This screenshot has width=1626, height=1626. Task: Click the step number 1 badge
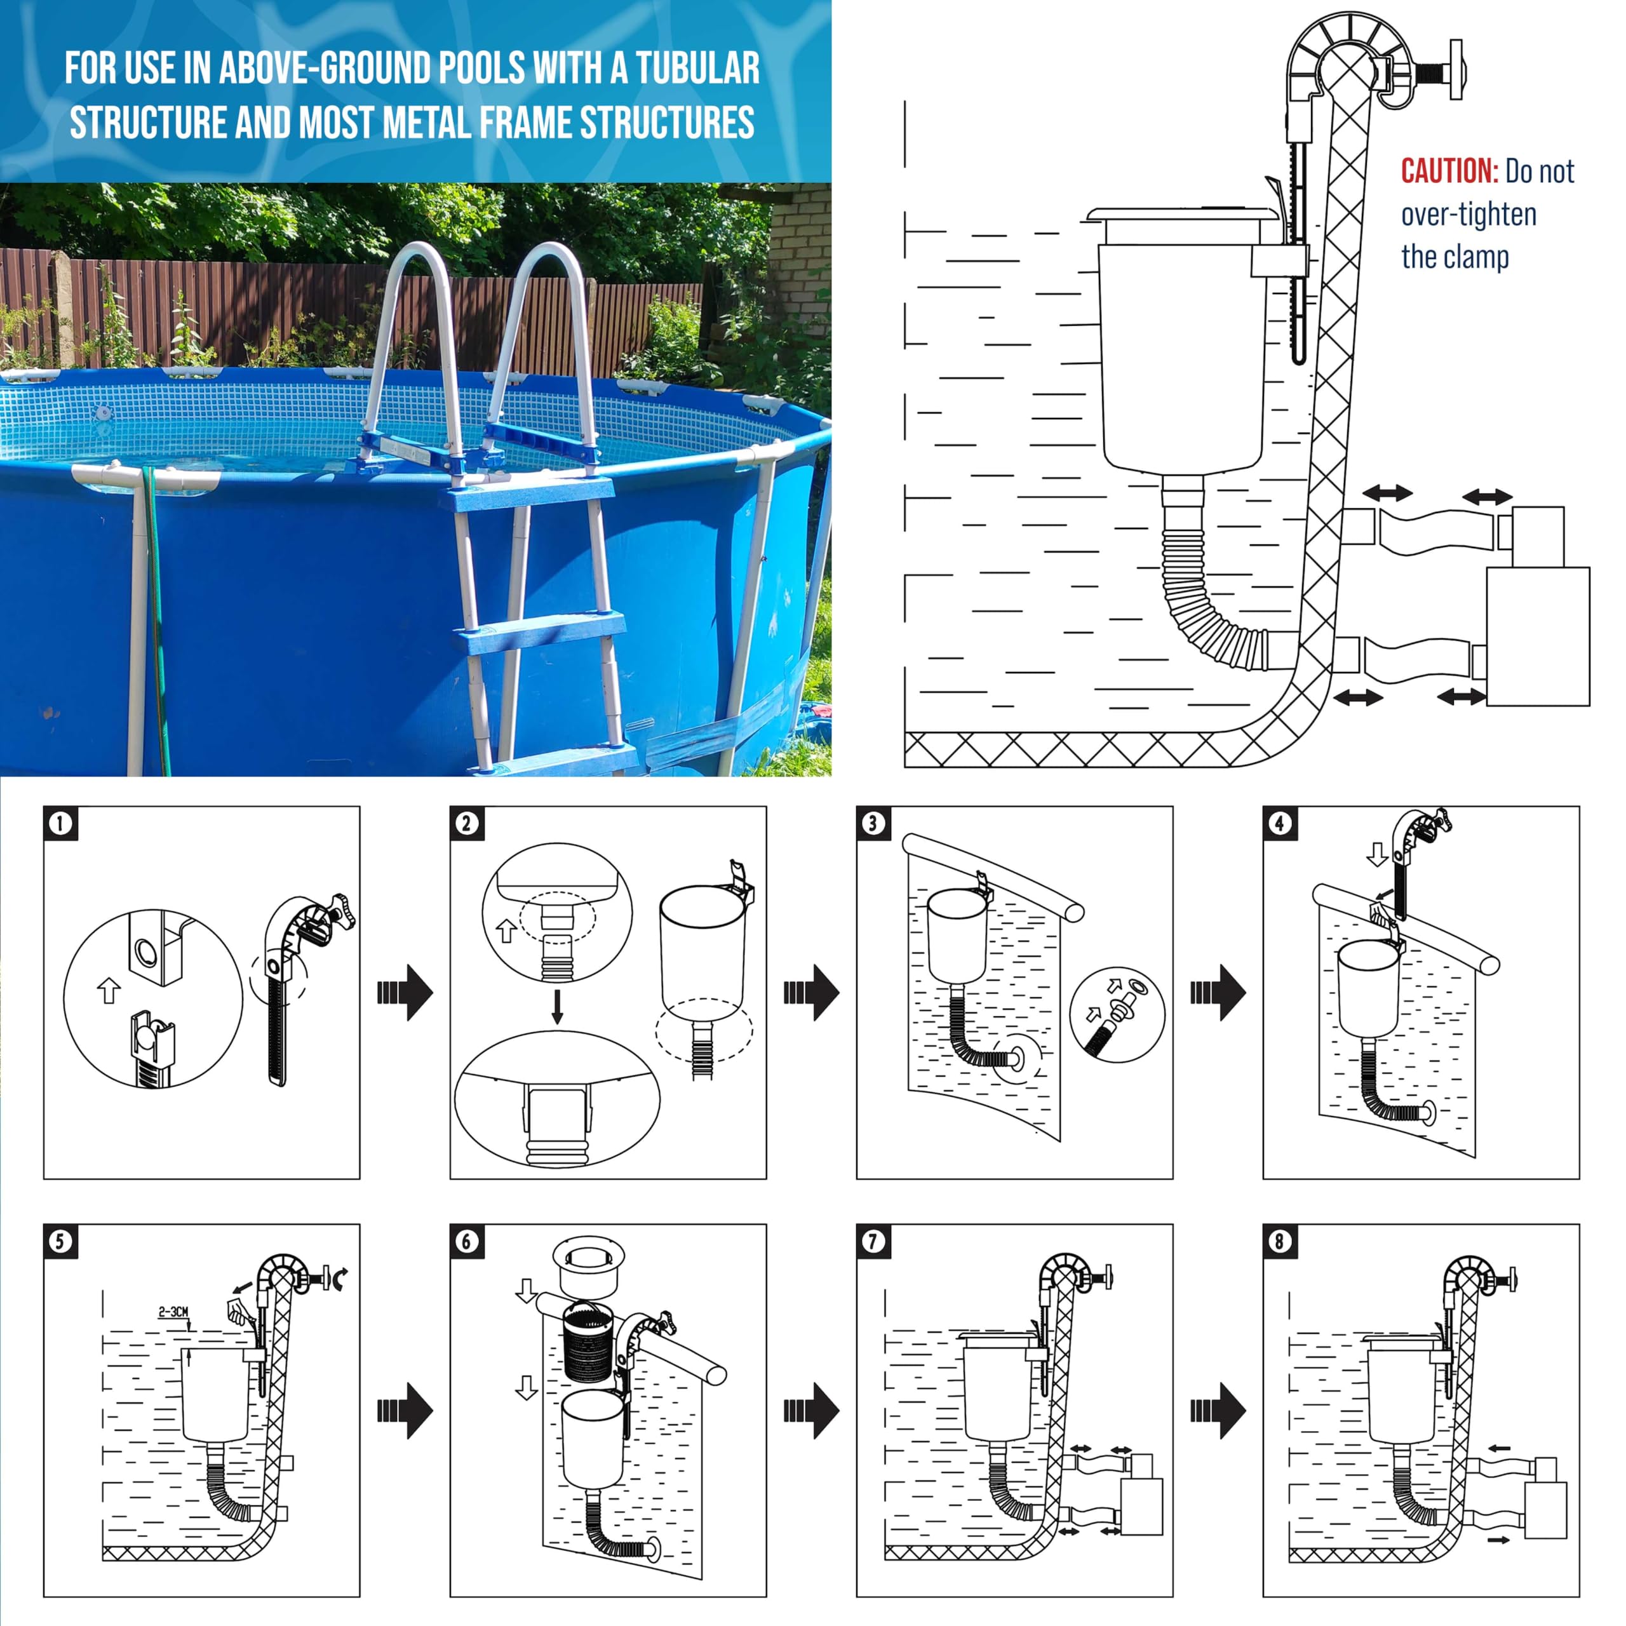point(60,823)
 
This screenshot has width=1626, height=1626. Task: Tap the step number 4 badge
point(1280,823)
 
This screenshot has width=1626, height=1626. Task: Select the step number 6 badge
point(467,1240)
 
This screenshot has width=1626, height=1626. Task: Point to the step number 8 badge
point(1280,1240)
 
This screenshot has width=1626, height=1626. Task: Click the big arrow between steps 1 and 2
point(405,992)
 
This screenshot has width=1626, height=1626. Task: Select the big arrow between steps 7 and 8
point(1218,1409)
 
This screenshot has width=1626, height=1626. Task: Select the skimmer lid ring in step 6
point(588,1266)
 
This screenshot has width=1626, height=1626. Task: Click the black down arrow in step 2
point(556,1007)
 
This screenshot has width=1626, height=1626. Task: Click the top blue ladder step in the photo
point(526,497)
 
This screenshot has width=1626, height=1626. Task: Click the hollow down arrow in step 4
point(1377,855)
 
